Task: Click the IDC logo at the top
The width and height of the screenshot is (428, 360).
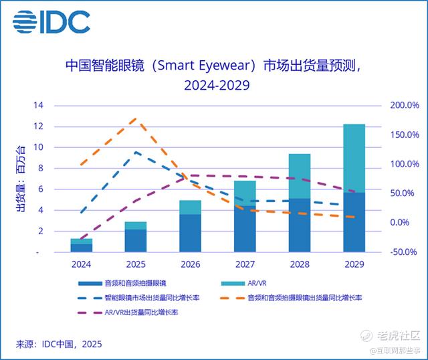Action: click(51, 22)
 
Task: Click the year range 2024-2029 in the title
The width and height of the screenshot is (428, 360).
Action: click(213, 86)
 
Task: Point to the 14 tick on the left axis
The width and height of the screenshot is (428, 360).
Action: click(38, 106)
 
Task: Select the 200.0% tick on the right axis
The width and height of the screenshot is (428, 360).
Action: click(404, 106)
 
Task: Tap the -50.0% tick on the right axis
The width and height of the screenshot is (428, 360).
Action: click(404, 252)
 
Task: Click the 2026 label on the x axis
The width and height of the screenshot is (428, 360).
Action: click(191, 264)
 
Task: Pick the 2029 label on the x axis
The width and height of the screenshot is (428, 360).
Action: click(354, 264)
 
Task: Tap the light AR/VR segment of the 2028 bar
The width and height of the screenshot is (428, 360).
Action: click(300, 176)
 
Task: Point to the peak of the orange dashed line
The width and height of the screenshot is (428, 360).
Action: click(136, 118)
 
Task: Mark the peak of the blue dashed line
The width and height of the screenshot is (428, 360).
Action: click(136, 152)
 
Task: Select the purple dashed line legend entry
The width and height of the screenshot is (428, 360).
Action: click(127, 311)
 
